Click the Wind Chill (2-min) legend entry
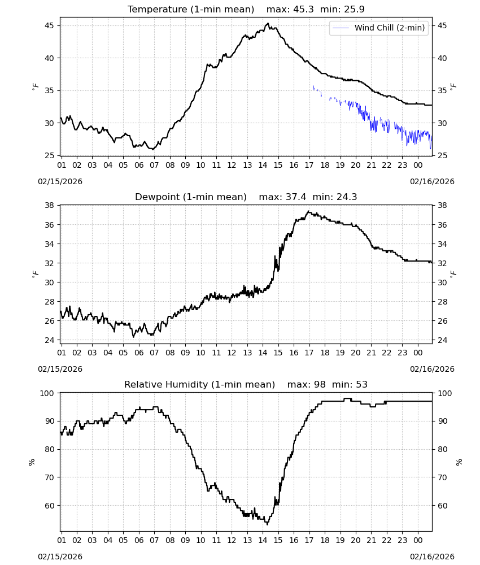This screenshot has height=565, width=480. click(x=379, y=28)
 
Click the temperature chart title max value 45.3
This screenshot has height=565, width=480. click(x=303, y=10)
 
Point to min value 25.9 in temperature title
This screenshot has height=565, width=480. click(x=354, y=10)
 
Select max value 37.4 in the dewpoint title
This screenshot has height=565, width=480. click(x=296, y=197)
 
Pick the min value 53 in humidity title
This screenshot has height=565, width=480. click(x=361, y=384)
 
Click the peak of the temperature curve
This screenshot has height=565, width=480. click(x=267, y=23)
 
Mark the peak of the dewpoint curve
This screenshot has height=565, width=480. click(x=308, y=211)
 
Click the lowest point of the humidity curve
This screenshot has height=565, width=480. click(x=267, y=524)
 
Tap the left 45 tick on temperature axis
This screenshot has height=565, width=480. click(x=49, y=25)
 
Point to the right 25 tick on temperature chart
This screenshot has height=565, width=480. click(x=442, y=156)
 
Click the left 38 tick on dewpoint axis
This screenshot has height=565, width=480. click(x=49, y=206)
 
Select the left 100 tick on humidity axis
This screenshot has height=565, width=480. click(x=47, y=393)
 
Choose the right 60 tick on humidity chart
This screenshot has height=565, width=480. click(x=442, y=506)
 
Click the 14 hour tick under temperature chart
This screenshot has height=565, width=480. click(x=263, y=165)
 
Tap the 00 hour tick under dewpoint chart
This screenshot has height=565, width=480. click(x=418, y=353)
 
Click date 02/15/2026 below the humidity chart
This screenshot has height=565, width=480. click(x=60, y=557)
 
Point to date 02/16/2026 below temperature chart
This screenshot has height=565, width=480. click(x=432, y=181)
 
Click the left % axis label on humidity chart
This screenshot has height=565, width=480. click(x=32, y=462)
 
